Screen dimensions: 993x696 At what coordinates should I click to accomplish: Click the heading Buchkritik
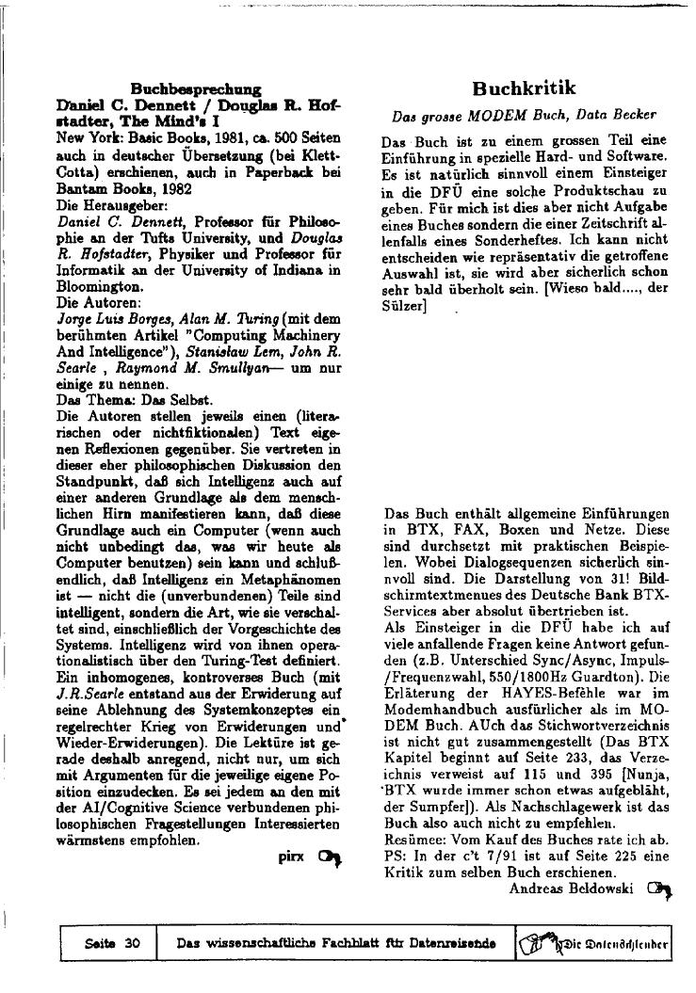[524, 88]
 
